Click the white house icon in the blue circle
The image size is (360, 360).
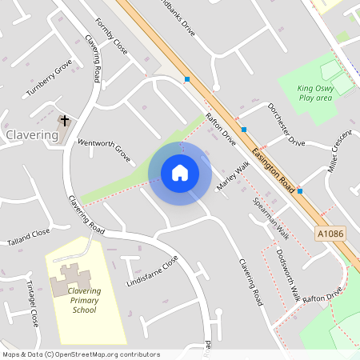(180, 172)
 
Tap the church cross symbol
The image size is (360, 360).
(65, 121)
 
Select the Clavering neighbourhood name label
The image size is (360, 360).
(32, 135)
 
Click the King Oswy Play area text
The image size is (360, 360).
(314, 93)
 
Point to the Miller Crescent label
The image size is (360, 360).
(340, 151)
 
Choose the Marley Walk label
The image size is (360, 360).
(234, 175)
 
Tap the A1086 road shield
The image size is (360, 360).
(330, 233)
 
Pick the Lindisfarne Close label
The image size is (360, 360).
(152, 272)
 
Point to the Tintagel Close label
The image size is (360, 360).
(31, 304)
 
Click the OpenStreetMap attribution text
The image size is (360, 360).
(81, 354)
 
